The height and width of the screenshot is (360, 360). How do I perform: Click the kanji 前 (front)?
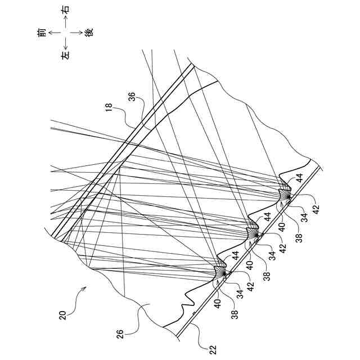point(42,34)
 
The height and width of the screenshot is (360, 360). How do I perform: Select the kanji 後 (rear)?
point(89,34)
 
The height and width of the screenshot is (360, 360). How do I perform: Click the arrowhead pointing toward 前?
point(51,34)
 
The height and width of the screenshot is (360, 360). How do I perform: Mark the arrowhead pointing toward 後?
point(81,34)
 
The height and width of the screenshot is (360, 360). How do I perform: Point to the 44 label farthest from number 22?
point(299,178)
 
